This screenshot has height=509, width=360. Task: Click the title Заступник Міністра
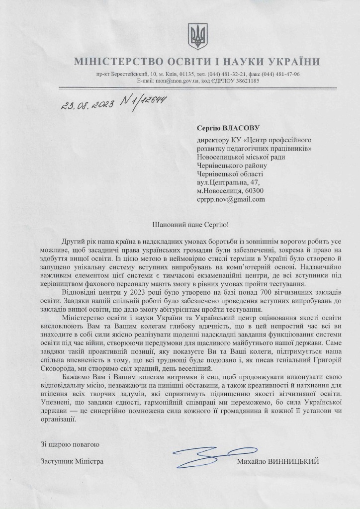(x=72, y=461)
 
